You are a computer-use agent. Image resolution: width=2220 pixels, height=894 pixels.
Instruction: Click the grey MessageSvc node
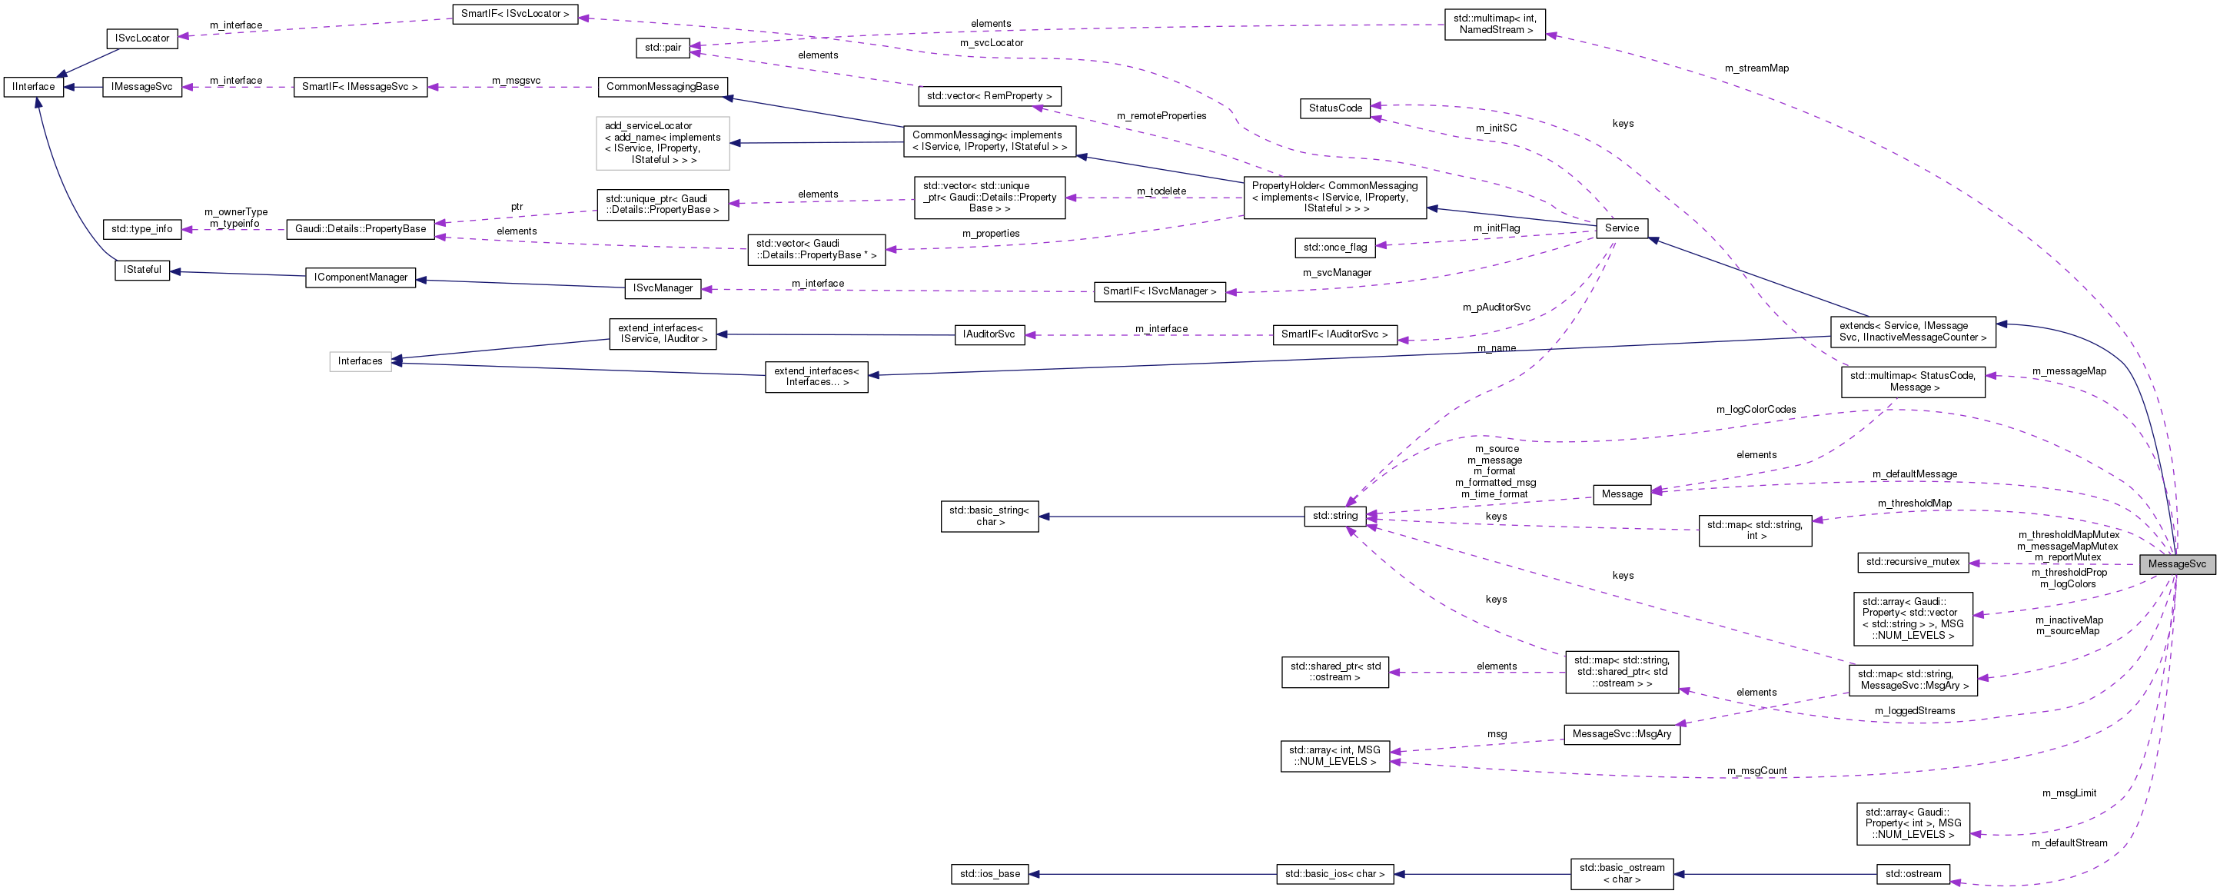click(x=2176, y=563)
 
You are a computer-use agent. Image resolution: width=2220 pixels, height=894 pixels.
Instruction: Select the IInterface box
click(x=34, y=87)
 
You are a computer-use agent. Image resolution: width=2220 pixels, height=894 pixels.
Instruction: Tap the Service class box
click(x=1621, y=228)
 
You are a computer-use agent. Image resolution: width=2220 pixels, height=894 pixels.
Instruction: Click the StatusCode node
click(x=1335, y=108)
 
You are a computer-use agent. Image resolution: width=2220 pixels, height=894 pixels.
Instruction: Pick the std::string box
click(x=1335, y=517)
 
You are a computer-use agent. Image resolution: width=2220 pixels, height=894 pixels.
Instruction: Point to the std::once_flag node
click(x=1335, y=248)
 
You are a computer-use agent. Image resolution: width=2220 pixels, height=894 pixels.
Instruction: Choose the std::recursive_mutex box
click(x=1913, y=562)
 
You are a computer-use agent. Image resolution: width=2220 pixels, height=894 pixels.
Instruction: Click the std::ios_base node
click(x=989, y=874)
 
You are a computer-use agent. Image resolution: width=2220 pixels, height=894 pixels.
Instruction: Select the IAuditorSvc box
click(x=989, y=334)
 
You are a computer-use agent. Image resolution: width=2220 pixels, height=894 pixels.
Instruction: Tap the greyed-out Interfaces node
click(x=361, y=361)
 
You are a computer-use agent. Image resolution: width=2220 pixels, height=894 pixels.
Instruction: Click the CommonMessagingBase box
click(x=662, y=87)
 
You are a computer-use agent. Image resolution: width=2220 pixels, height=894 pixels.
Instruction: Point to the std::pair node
click(x=663, y=48)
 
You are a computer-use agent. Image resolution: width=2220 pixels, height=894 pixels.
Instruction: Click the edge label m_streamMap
click(x=1756, y=68)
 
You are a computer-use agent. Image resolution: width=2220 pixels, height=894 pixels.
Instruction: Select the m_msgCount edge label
click(x=1756, y=771)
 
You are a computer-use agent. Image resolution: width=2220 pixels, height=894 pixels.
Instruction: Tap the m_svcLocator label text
click(x=991, y=43)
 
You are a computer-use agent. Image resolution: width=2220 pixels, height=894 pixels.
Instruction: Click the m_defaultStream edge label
click(x=2069, y=843)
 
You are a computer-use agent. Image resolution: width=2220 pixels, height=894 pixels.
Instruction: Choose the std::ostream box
click(x=1913, y=874)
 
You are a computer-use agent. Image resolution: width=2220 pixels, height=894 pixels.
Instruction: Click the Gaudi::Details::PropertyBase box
click(x=361, y=229)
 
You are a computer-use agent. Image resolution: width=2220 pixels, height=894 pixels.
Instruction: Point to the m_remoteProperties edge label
click(x=1161, y=116)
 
